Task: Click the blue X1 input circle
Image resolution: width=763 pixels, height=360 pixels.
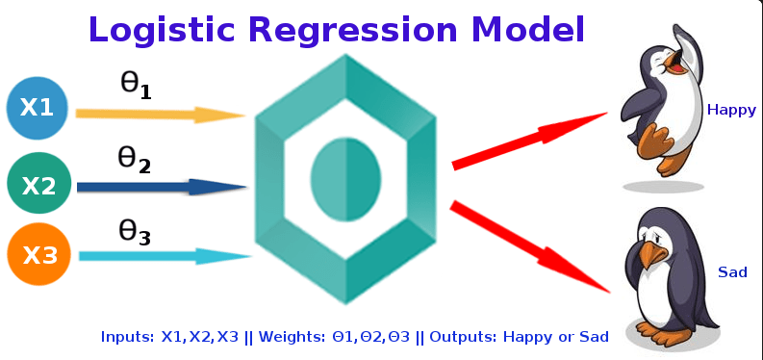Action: [37, 108]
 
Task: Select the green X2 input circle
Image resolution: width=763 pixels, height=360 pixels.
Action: [38, 183]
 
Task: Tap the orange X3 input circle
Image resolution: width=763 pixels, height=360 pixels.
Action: [38, 255]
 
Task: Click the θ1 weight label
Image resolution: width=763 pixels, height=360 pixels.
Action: [135, 86]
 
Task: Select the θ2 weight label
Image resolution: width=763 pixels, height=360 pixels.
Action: [135, 159]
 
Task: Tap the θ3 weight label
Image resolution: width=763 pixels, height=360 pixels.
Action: [135, 231]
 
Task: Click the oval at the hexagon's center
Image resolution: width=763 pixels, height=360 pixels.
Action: [344, 178]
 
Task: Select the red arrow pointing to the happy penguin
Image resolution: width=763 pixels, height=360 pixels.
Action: [529, 140]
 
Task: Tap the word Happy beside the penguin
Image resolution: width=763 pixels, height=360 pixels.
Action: [731, 110]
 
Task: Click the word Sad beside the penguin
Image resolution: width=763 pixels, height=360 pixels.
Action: [732, 273]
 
